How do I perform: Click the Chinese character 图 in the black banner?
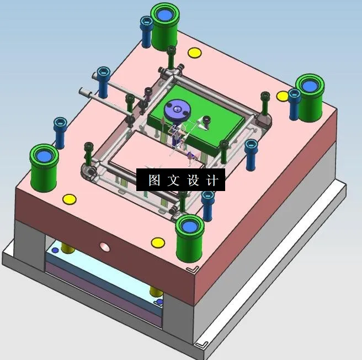point(154,180)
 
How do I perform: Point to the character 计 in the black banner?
point(214,180)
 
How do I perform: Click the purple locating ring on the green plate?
point(178,109)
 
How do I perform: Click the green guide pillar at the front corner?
point(190,237)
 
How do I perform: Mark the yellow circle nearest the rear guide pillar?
point(194,53)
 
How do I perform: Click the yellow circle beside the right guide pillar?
point(283,96)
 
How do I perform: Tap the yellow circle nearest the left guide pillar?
point(68,199)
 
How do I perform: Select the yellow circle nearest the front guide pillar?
point(158,242)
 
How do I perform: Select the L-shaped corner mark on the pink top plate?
point(193,269)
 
